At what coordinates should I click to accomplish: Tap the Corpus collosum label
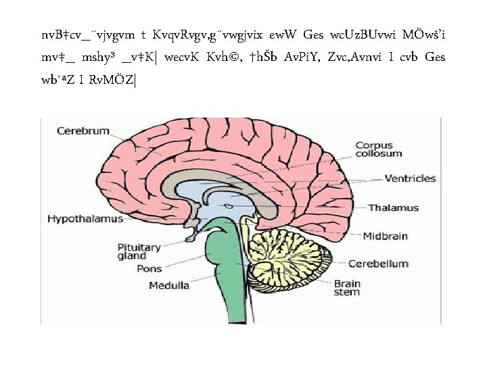coord(374,149)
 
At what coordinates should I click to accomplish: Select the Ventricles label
coord(410,179)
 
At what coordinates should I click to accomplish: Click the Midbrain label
coord(385,237)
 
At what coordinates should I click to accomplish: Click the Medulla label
coord(169,285)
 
